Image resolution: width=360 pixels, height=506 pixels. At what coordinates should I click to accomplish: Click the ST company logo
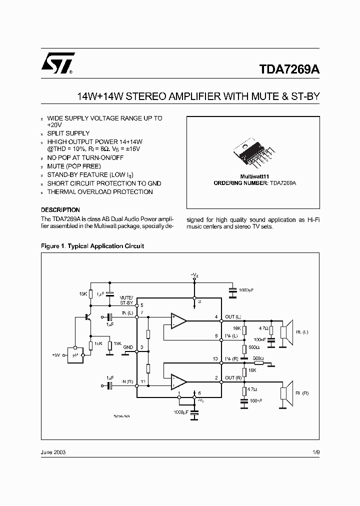(57, 63)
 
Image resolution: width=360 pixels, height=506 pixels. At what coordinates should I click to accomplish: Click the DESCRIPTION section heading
(60, 210)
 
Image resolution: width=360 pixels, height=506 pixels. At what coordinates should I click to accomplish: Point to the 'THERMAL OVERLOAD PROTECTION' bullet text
(100, 192)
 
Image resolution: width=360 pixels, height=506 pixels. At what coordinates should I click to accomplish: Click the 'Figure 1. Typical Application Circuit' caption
(92, 246)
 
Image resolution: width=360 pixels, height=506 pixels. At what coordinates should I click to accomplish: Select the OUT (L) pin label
(233, 317)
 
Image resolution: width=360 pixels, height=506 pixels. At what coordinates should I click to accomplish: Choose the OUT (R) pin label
(233, 377)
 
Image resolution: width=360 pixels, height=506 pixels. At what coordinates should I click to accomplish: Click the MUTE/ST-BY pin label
(126, 300)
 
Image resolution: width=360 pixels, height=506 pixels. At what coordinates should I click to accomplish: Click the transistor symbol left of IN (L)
(88, 317)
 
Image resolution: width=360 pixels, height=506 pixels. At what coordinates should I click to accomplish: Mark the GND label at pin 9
(128, 346)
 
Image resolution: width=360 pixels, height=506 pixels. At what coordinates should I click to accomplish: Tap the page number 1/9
(315, 451)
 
